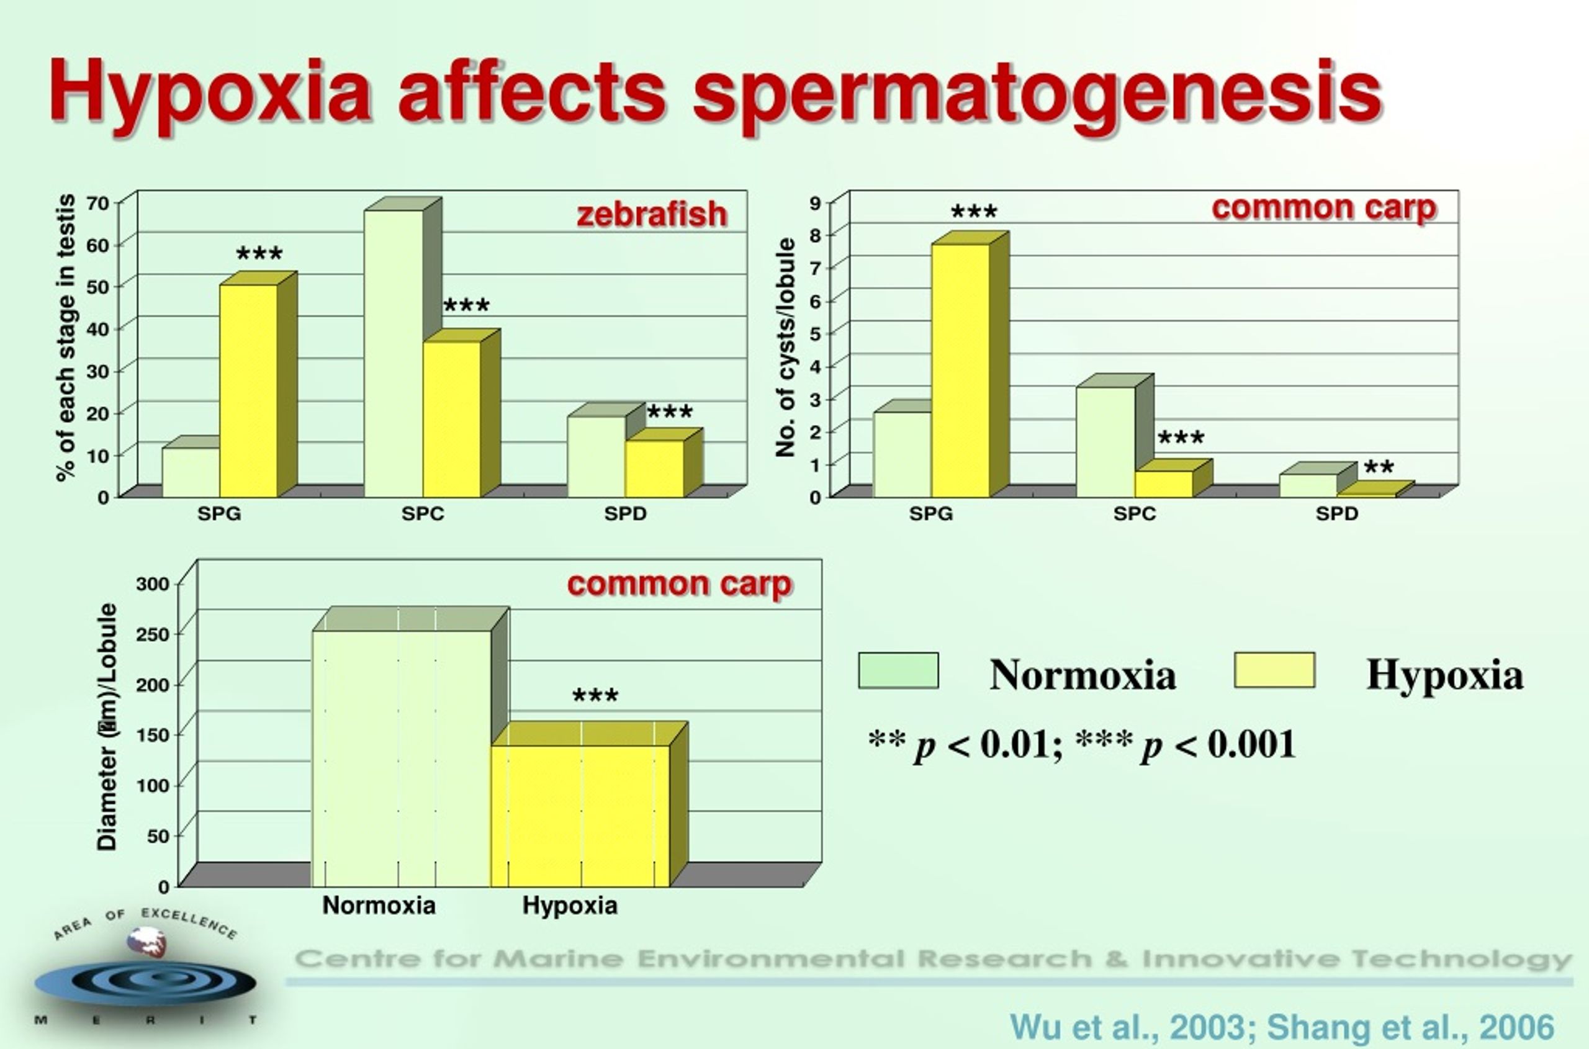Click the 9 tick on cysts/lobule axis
pos(815,202)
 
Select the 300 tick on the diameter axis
pos(153,584)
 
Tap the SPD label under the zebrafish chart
pos(626,514)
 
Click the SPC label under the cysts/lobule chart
pos(1135,514)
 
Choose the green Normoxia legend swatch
pos(899,670)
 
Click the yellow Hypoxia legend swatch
pos(1274,670)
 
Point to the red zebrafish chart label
pos(652,215)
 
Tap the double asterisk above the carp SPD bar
pos(1379,467)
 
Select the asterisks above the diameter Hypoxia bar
pos(595,696)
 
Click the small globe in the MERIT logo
pos(146,941)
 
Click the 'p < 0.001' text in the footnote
pos(1219,745)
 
